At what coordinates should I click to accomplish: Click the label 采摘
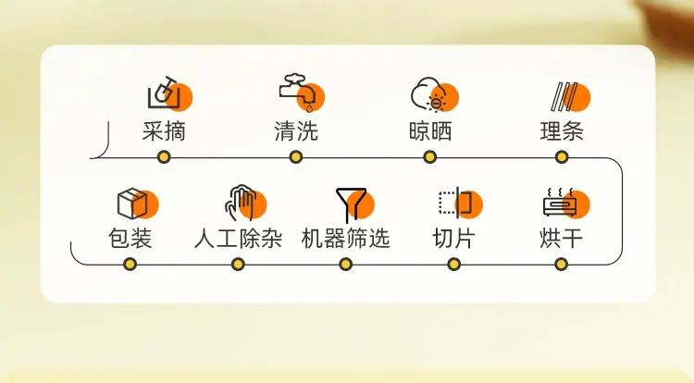[x=164, y=131]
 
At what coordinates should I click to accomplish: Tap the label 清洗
[x=296, y=131]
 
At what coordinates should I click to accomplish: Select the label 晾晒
[x=429, y=131]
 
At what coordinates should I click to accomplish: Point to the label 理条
[x=562, y=131]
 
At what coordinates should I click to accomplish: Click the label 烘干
[x=561, y=239]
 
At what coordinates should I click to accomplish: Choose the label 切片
[x=453, y=239]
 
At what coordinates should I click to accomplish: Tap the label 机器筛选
[x=346, y=239]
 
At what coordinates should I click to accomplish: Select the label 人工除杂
[x=238, y=239]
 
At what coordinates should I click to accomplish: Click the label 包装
[x=130, y=239]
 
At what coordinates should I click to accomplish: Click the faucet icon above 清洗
[x=302, y=93]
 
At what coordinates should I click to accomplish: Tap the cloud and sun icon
[x=435, y=94]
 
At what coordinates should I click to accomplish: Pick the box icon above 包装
[x=138, y=204]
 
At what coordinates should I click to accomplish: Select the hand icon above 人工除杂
[x=245, y=203]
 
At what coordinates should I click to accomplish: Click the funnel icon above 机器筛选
[x=355, y=204]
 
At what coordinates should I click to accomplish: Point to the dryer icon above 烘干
[x=566, y=203]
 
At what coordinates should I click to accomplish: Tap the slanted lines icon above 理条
[x=571, y=96]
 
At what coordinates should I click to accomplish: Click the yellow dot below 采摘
[x=164, y=157]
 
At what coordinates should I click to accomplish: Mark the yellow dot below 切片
[x=453, y=265]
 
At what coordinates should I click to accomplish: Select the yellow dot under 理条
[x=562, y=157]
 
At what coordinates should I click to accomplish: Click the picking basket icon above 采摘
[x=170, y=93]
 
